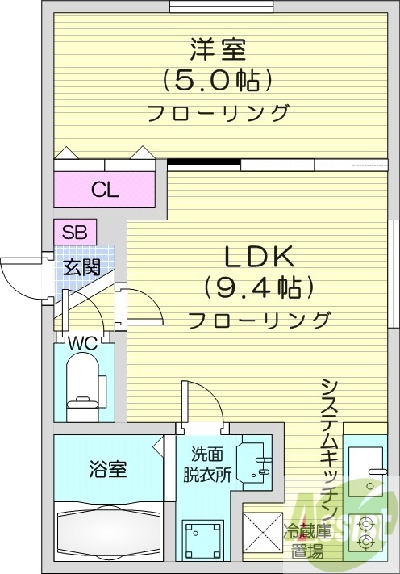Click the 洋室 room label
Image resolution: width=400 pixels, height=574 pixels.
(217, 49)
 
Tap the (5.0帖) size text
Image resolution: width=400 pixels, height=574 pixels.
(216, 80)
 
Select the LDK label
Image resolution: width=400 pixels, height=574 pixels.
(258, 256)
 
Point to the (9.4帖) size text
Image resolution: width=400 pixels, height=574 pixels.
(259, 287)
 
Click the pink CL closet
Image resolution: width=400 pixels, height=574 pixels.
(104, 190)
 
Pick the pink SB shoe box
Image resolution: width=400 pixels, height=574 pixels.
(75, 232)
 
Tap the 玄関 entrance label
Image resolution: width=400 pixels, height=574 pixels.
(83, 266)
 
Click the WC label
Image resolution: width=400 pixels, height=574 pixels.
(82, 343)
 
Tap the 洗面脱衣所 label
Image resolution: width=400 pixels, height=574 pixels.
(211, 463)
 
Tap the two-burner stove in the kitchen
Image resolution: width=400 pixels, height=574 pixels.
(367, 533)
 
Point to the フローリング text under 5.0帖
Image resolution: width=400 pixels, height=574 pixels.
(217, 112)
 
